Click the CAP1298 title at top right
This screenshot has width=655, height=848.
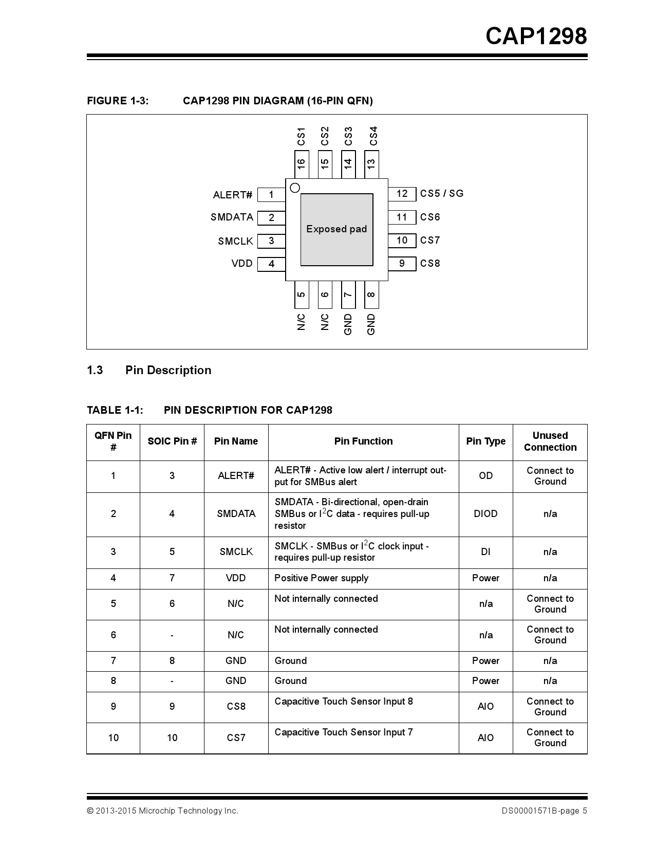point(536,36)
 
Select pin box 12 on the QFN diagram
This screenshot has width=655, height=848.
point(402,194)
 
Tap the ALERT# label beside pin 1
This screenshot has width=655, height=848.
point(233,195)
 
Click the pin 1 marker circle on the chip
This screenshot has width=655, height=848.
point(295,188)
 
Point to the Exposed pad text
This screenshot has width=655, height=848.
point(336,229)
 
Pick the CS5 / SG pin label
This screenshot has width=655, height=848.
point(442,194)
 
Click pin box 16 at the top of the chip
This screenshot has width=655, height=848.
point(302,164)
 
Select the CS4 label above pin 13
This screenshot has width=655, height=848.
point(373,136)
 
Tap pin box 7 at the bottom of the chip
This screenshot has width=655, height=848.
point(348,294)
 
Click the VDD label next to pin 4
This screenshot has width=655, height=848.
point(242,264)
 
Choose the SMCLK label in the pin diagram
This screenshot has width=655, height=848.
point(235,241)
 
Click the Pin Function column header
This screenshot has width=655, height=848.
point(363,441)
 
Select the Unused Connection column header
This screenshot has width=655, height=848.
point(550,441)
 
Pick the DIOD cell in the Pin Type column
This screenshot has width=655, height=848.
point(485,514)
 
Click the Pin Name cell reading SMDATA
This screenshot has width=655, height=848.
point(236,514)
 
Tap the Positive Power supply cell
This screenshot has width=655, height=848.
point(321,578)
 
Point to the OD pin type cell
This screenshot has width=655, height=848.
point(485,476)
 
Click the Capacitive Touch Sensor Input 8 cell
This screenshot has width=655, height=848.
point(343,702)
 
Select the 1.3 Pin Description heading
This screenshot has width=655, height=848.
point(149,371)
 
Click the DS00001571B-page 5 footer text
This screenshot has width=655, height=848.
point(544,811)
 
